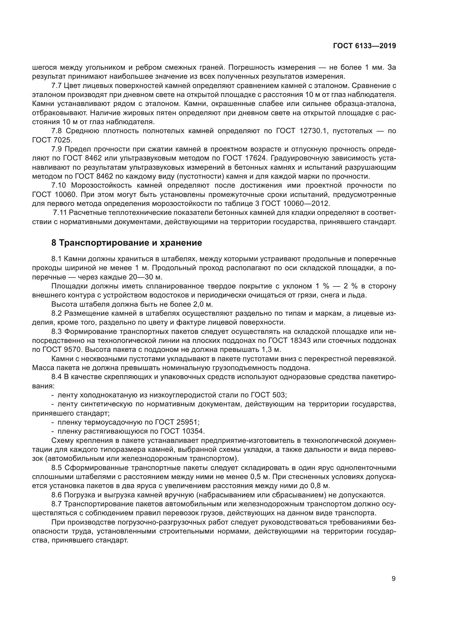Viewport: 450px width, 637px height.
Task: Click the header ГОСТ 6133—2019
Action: coord(364,46)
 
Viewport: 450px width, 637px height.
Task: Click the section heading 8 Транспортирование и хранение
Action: coord(127,243)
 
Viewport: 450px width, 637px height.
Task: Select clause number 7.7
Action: coord(57,86)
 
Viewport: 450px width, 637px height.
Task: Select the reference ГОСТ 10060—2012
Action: coord(303,203)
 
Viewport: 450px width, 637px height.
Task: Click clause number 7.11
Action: coord(60,212)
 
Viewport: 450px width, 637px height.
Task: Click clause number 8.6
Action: coord(57,495)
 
